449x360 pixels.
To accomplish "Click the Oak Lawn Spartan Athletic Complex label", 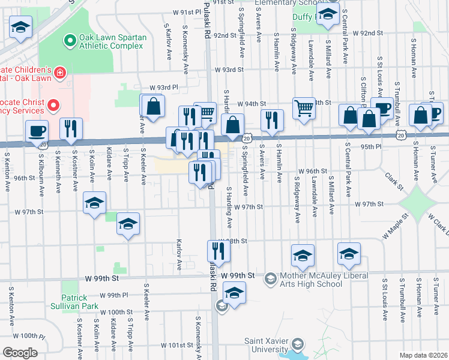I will click(x=113, y=41).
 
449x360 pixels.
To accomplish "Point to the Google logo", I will click(x=20, y=353).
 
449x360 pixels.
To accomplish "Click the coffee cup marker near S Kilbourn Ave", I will click(x=37, y=130).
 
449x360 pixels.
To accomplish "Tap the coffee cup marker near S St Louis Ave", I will click(x=381, y=108).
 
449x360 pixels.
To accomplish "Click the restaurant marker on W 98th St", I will click(x=219, y=251).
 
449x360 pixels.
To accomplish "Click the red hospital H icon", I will click(x=59, y=73).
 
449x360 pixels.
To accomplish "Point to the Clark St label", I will click(x=394, y=178).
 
